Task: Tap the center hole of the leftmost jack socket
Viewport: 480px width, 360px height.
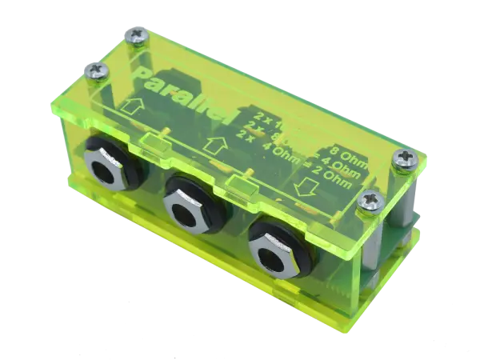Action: [x=109, y=170]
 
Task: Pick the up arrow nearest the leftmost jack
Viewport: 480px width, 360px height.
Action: [x=134, y=106]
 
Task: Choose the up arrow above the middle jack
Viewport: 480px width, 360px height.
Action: [x=211, y=145]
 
